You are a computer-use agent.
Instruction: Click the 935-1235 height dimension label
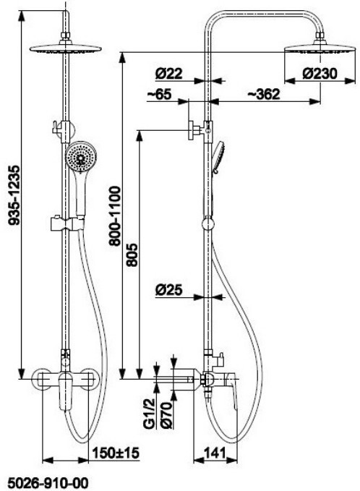tap(14, 195)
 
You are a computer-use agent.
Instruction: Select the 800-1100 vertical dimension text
tap(115, 216)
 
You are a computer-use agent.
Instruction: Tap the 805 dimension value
tap(132, 255)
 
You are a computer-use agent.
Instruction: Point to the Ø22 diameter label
tap(168, 74)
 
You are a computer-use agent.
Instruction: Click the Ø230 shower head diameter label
tap(320, 74)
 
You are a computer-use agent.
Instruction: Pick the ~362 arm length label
tap(263, 94)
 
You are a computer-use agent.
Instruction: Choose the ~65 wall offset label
tap(159, 94)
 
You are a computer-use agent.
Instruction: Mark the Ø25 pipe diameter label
tap(168, 290)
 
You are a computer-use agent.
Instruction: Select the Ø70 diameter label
tap(166, 415)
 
